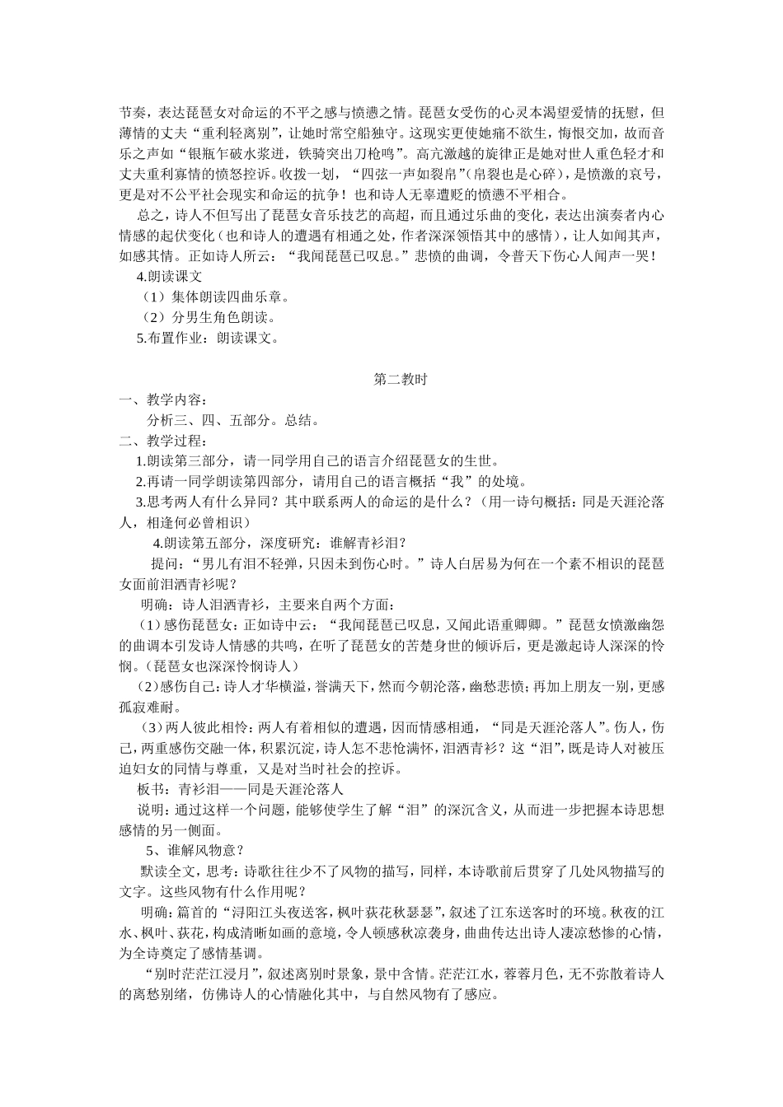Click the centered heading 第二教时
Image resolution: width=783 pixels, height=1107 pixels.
click(x=399, y=380)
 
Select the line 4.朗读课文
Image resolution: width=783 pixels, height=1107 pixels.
click(x=169, y=276)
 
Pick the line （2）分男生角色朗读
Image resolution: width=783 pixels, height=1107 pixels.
click(x=209, y=317)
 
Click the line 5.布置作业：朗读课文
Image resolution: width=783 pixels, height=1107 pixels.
click(x=209, y=338)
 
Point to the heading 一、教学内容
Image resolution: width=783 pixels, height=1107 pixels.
click(x=159, y=400)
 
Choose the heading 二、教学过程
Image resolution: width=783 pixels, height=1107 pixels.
click(x=159, y=441)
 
